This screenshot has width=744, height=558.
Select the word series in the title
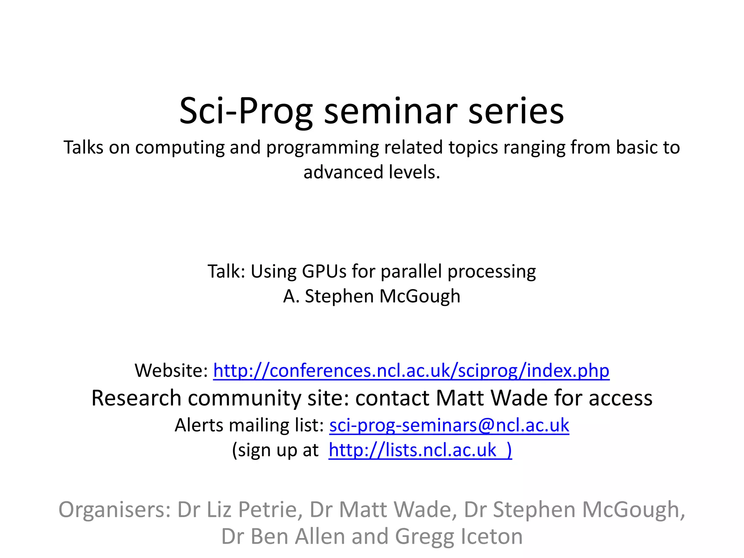[516, 111]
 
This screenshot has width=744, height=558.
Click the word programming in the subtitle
[323, 148]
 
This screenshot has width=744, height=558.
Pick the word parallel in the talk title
[411, 271]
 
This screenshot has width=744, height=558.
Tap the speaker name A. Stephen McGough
[372, 296]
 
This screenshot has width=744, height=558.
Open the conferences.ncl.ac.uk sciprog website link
[411, 371]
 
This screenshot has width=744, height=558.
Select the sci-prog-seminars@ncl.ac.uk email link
[449, 425]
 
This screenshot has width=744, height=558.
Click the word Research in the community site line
[136, 398]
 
